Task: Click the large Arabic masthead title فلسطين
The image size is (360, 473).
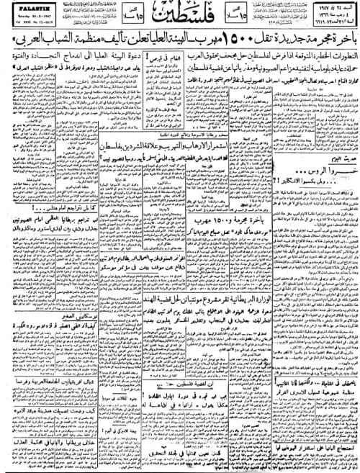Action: point(179,21)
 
